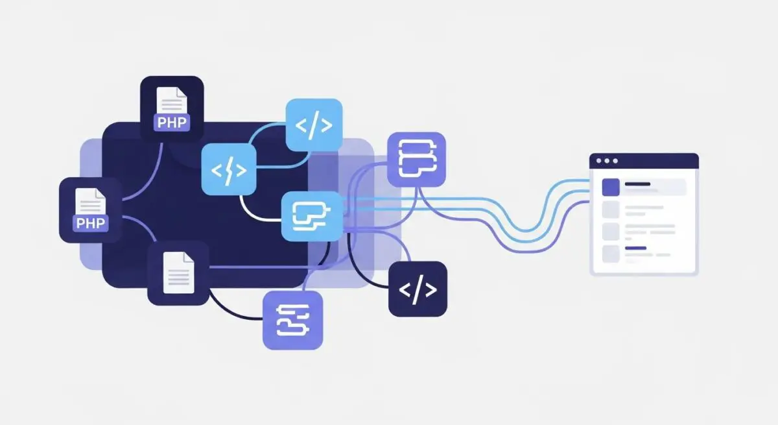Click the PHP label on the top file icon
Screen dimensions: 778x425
[172, 123]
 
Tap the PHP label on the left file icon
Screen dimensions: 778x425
[91, 223]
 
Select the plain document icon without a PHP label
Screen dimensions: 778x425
[178, 273]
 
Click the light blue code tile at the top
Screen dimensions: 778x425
[314, 125]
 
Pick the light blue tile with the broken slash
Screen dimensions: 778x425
[229, 169]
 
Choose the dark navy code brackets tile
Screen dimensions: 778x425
[418, 289]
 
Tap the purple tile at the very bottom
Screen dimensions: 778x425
[293, 321]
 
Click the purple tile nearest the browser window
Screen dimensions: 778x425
[416, 160]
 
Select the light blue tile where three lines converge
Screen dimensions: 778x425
[312, 217]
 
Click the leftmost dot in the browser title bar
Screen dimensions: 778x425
[598, 161]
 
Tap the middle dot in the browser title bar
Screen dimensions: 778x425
[607, 161]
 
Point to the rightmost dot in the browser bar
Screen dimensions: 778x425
[615, 161]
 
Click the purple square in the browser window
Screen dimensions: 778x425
[611, 188]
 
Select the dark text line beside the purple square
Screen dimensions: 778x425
[637, 184]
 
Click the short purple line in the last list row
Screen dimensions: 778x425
[635, 248]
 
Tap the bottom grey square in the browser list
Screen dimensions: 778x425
[611, 254]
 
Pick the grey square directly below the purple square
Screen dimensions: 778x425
[611, 210]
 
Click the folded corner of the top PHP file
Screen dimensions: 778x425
[182, 92]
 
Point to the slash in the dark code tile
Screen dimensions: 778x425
[418, 289]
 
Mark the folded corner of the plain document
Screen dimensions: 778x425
[189, 258]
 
